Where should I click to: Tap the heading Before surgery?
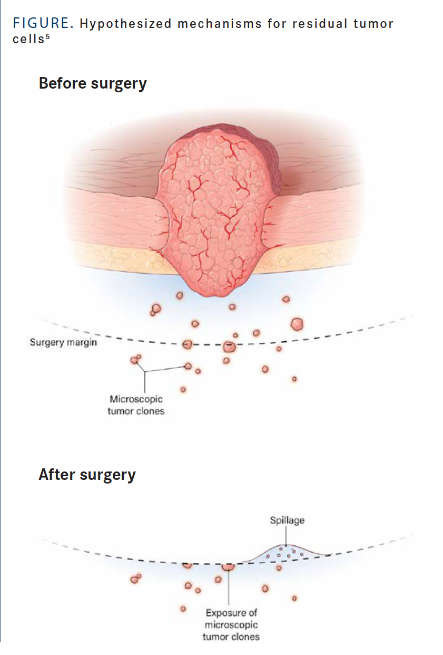click(93, 83)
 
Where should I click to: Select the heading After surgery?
click(87, 475)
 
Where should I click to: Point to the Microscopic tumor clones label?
click(136, 405)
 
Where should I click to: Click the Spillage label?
click(287, 521)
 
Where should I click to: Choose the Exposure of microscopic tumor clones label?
click(231, 625)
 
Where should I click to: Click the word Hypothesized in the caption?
click(105, 24)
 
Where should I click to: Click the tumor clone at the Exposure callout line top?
click(228, 566)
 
